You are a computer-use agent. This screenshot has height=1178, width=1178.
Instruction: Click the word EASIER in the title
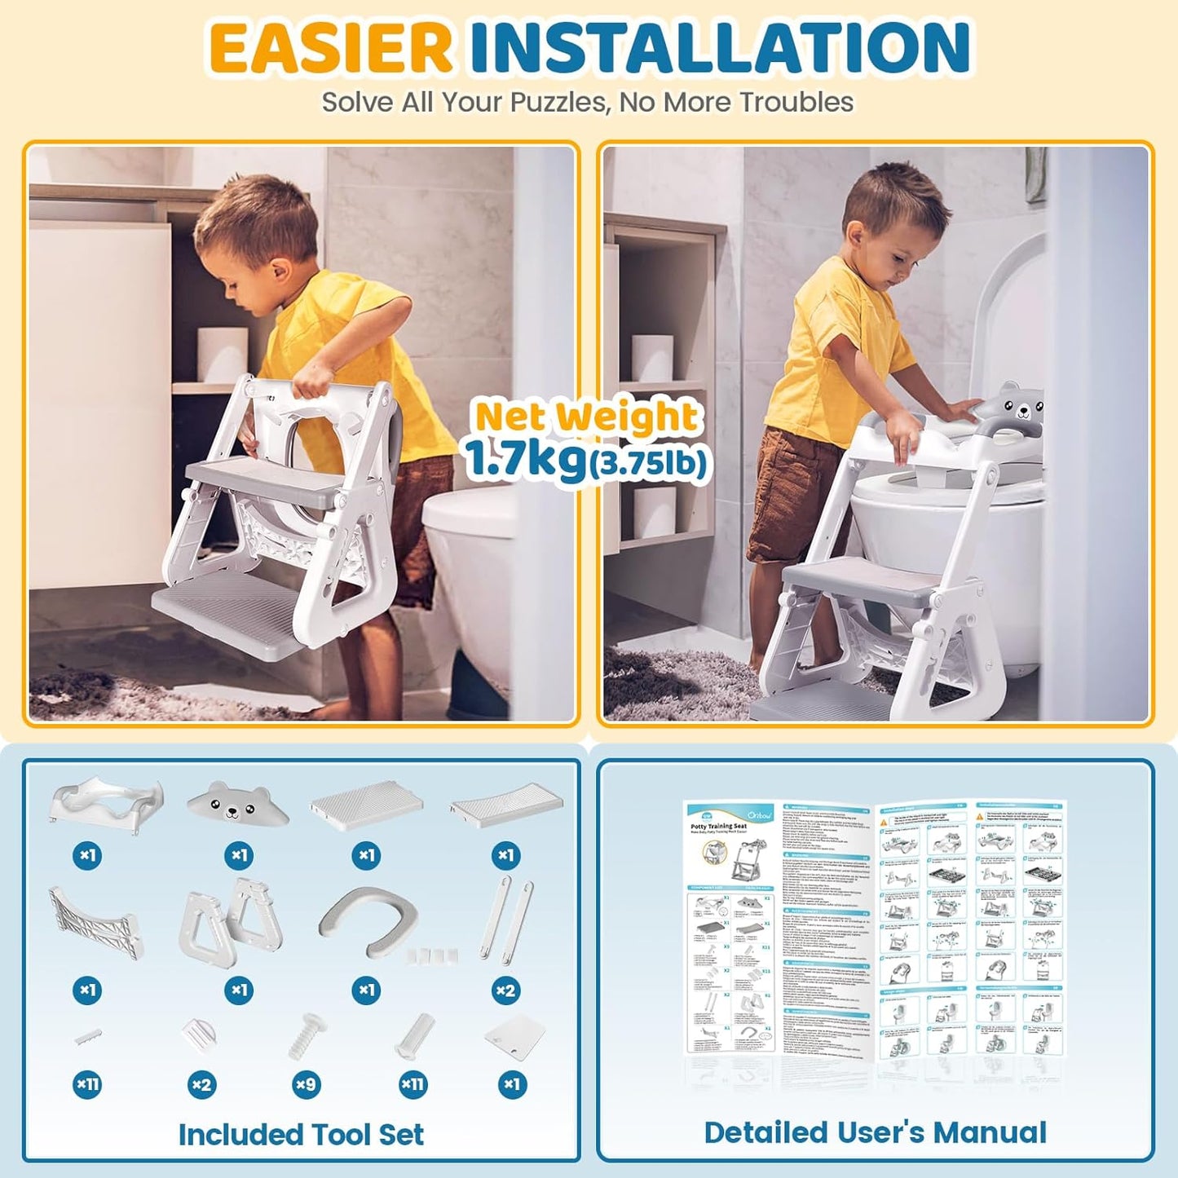tap(330, 47)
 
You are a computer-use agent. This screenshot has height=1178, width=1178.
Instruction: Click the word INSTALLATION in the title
tap(719, 47)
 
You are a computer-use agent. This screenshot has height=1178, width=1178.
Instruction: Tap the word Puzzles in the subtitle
tap(558, 103)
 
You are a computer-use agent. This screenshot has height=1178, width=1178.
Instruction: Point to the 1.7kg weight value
tap(524, 459)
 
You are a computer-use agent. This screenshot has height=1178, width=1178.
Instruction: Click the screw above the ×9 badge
tap(306, 1035)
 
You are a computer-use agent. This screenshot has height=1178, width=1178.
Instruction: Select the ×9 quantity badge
tap(306, 1084)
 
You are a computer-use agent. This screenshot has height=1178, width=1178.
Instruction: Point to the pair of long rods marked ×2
tap(506, 919)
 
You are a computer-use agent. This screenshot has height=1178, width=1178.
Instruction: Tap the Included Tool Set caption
tap(301, 1134)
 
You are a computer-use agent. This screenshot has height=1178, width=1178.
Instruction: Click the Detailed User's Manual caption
tap(875, 1132)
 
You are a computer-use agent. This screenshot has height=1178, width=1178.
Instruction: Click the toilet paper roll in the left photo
tap(222, 355)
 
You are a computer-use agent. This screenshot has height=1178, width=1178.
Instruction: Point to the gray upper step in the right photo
tap(864, 581)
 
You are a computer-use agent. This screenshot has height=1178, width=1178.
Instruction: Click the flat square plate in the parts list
tap(514, 1036)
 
